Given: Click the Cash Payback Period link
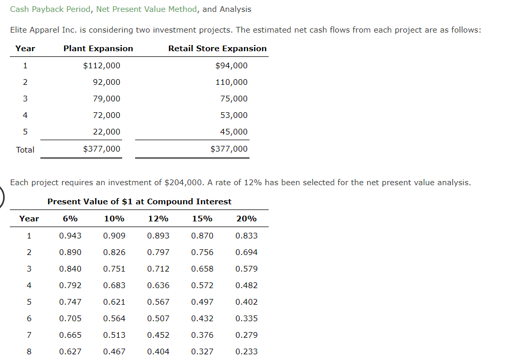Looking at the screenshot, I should click(50, 9).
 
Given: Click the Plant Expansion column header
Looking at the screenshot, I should click(98, 49).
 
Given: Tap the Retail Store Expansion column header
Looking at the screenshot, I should click(217, 49).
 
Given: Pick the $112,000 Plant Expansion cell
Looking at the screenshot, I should click(101, 66).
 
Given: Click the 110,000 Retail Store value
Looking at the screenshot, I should click(231, 82).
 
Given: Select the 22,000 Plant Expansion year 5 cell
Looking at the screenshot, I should click(107, 132).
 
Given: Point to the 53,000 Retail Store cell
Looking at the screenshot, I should click(234, 115).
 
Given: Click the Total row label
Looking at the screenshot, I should click(25, 150).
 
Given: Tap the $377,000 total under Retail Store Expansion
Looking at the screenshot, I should click(229, 149).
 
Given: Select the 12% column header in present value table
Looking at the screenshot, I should click(158, 219).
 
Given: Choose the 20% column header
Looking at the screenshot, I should click(246, 219).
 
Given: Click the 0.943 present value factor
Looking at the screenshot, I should click(70, 236).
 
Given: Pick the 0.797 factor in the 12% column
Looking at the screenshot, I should click(158, 252).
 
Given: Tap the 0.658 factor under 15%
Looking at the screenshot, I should click(202, 269).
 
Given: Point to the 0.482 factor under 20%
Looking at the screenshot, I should click(246, 286).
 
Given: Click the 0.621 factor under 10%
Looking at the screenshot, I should click(114, 302).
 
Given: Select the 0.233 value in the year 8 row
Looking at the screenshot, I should click(246, 352).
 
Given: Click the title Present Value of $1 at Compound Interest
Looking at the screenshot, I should click(139, 202).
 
